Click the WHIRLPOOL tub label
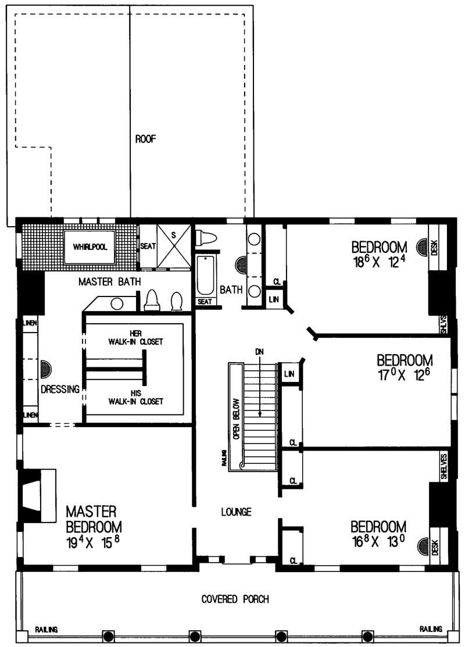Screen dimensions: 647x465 (90, 247)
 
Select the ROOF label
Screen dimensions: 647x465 (146, 139)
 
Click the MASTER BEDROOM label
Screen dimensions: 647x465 (94, 519)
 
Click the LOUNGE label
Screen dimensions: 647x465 (236, 512)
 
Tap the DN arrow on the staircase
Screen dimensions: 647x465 (260, 384)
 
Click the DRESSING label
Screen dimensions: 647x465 (60, 390)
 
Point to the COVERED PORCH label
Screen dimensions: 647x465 (235, 599)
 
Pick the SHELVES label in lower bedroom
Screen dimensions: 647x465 (443, 466)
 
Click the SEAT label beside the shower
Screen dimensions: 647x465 (148, 246)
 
